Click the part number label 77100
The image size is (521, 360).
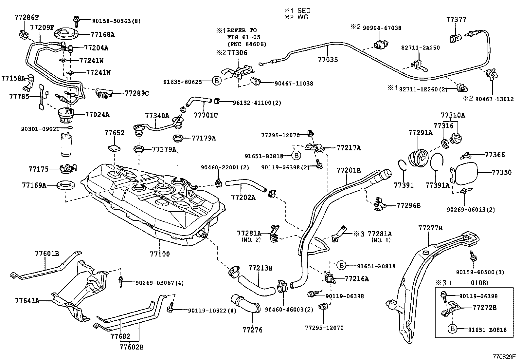click(160, 254)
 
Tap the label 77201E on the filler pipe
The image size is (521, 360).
click(349, 170)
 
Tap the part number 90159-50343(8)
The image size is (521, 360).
click(116, 21)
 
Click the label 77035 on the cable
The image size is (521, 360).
click(328, 60)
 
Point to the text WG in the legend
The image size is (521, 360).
click(303, 17)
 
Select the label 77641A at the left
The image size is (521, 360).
click(27, 300)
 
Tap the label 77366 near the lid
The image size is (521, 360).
click(494, 155)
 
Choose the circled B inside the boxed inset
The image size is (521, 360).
click(452, 329)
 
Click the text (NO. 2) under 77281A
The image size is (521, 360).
click(251, 240)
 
